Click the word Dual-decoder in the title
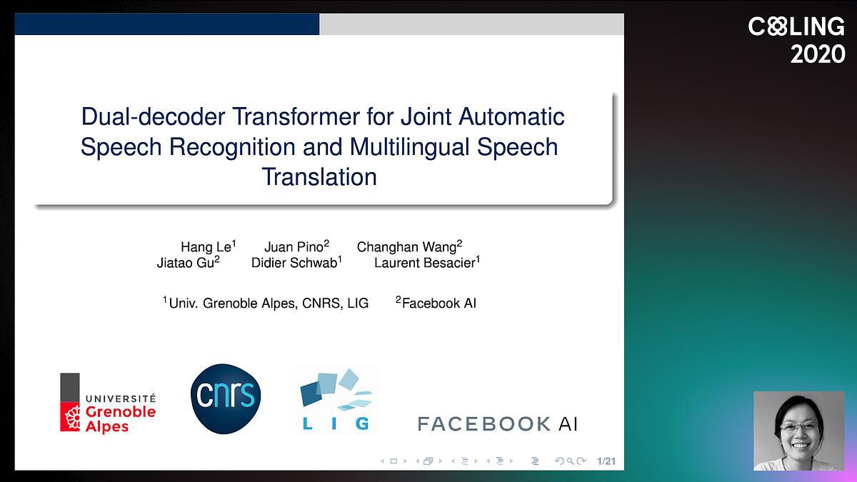click(x=153, y=116)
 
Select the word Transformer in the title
click(x=296, y=116)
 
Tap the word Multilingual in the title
click(x=409, y=147)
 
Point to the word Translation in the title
click(x=319, y=177)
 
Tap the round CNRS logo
click(x=226, y=398)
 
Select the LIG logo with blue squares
click(x=336, y=399)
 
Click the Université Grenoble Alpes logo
click(x=108, y=403)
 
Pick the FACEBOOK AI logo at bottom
click(x=497, y=424)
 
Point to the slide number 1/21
click(x=606, y=461)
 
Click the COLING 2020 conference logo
click(x=796, y=40)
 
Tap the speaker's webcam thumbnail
click(x=799, y=431)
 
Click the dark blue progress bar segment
click(x=167, y=24)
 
